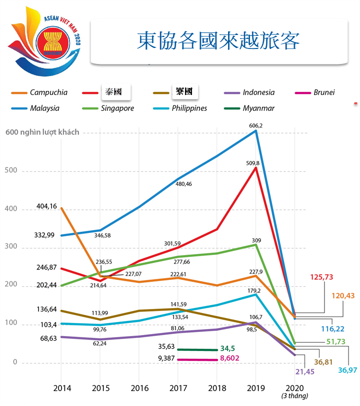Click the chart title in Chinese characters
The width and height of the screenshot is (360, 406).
[x=218, y=41]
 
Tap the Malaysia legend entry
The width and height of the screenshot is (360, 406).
[x=44, y=108]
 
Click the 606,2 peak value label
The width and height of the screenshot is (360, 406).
[x=255, y=125]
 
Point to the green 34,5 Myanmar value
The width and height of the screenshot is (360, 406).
[x=230, y=348]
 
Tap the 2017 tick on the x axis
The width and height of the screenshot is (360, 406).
[x=178, y=387]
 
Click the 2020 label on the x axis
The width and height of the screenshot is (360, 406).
[x=295, y=387]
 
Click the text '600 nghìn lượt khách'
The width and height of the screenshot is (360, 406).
[x=42, y=132]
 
